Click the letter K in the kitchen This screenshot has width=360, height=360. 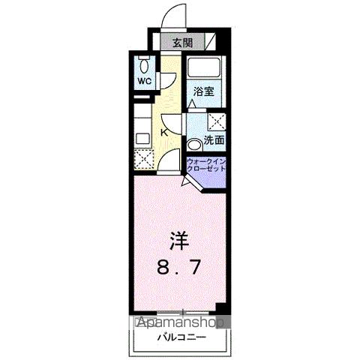click(x=163, y=133)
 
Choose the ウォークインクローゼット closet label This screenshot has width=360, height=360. click(x=206, y=165)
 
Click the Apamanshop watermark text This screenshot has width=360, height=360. click(x=181, y=324)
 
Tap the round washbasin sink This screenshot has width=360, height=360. click(x=195, y=142)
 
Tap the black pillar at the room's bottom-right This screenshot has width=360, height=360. click(x=220, y=309)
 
